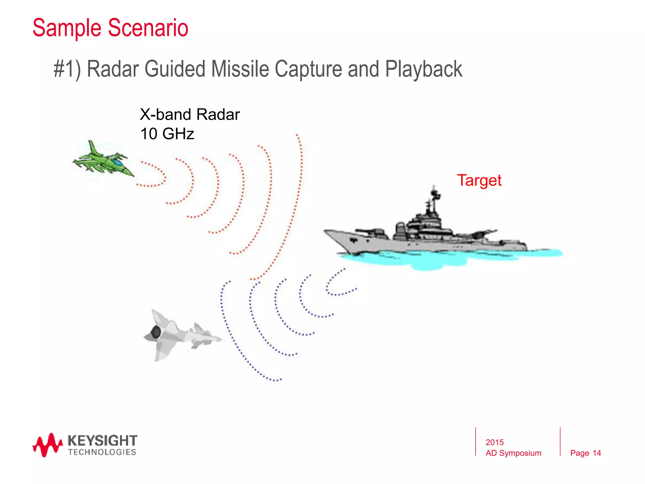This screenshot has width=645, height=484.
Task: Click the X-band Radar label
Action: point(190,114)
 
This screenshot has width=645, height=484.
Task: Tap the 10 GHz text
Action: point(167,134)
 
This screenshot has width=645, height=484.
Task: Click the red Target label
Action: point(479,181)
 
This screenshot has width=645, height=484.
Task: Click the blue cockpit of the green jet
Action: point(117,163)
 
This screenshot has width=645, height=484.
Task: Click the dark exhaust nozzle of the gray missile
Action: point(156,332)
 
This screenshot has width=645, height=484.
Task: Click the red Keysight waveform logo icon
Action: point(47,445)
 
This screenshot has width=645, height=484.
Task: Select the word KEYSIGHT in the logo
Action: point(102,441)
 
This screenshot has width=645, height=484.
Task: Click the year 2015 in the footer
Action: point(494,442)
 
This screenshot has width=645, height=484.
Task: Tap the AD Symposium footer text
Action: point(513,453)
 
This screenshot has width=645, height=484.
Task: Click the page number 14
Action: point(596,453)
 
